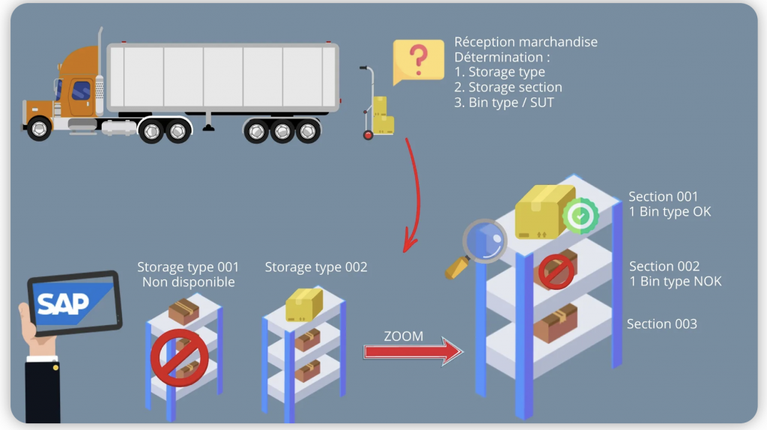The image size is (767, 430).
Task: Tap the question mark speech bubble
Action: [x=418, y=58]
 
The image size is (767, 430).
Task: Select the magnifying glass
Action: [x=479, y=246]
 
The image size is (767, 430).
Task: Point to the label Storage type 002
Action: [x=316, y=267]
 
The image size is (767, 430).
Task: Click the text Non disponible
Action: [x=188, y=282]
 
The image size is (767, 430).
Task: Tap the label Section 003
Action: [x=661, y=324]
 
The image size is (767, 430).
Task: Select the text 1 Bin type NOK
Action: [x=675, y=282]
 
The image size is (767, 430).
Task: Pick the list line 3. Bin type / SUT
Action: [x=504, y=103]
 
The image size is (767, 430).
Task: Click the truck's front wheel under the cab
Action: [x=38, y=129]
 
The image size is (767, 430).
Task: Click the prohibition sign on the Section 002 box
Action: [x=557, y=271]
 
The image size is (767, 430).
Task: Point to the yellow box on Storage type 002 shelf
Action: [x=304, y=304]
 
